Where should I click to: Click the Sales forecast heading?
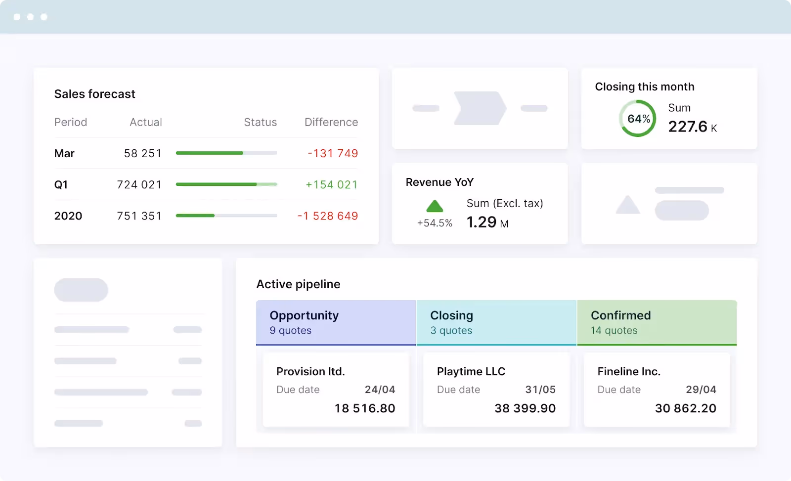coord(94,94)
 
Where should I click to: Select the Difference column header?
coord(331,122)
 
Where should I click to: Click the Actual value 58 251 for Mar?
coord(142,153)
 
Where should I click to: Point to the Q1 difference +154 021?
coord(331,184)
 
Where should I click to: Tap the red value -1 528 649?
coord(327,216)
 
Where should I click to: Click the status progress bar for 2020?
coord(226,216)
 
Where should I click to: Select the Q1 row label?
coord(61,184)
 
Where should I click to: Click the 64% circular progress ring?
coord(638,119)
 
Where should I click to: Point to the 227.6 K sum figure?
coord(692,127)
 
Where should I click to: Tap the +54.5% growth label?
coord(435,223)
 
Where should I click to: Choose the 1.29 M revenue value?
coord(487,222)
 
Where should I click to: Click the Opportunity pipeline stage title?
coord(304,315)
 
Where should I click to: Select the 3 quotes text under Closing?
coord(451,330)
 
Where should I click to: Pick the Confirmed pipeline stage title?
coord(620,315)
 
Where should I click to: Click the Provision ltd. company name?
coord(310,371)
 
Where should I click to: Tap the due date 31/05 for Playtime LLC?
coord(540,390)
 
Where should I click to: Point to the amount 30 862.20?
coord(685,408)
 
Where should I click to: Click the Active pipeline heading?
coord(298,284)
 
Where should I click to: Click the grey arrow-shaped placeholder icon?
coord(480,108)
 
